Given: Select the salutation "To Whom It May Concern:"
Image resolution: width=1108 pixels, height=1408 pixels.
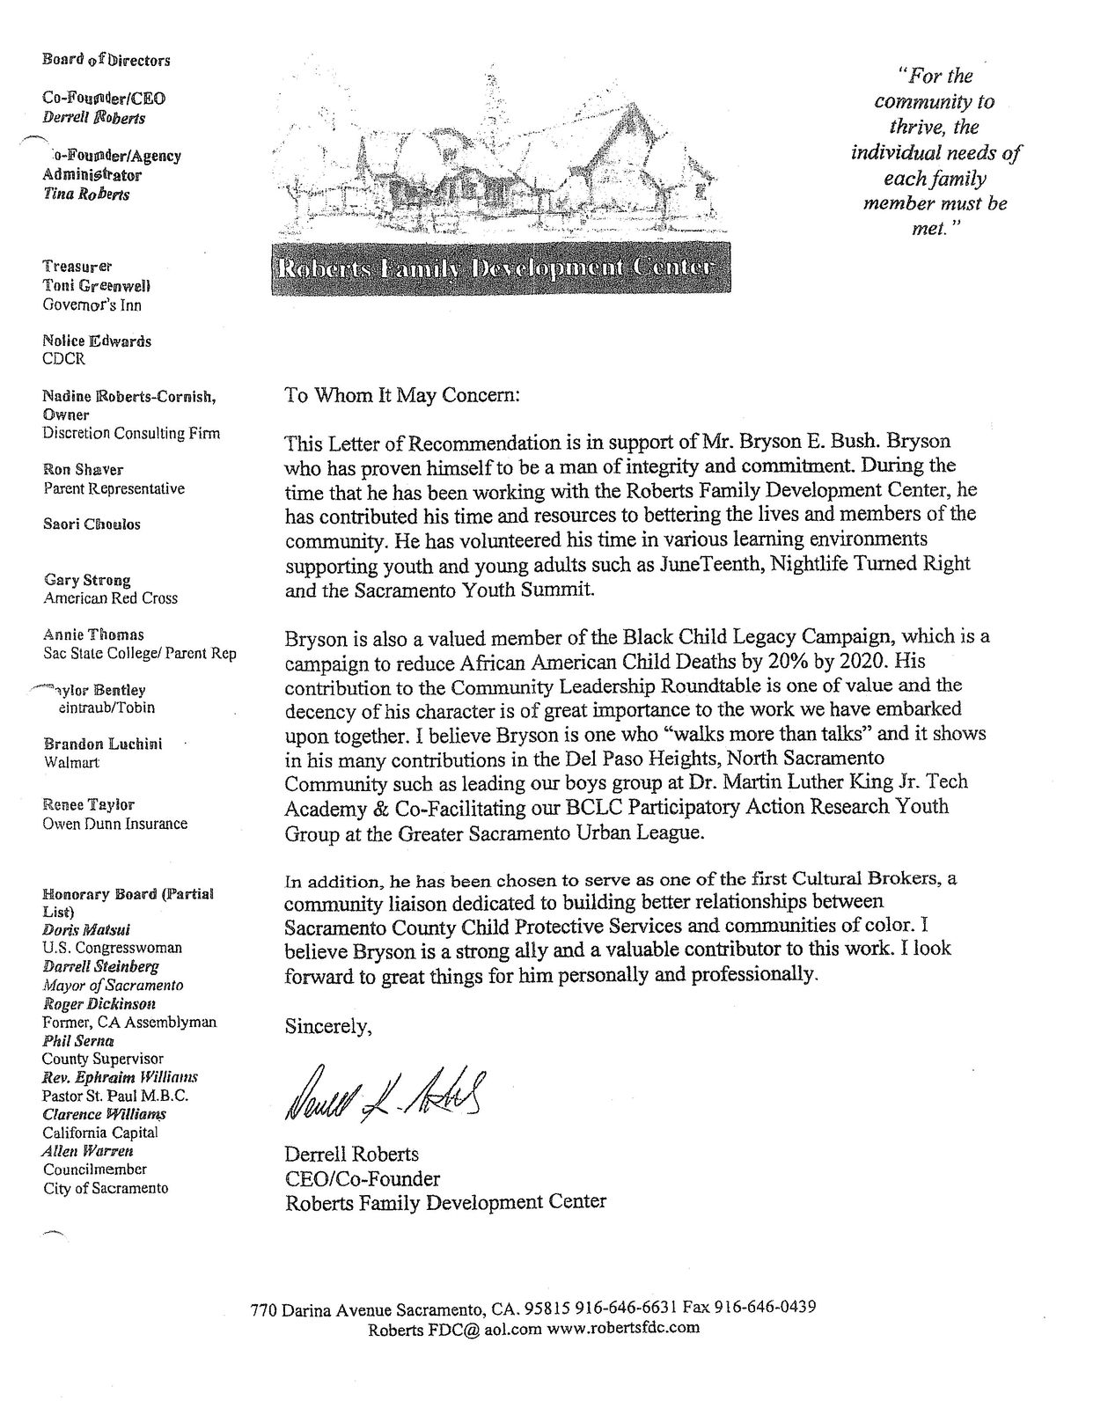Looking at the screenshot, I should point(403,396).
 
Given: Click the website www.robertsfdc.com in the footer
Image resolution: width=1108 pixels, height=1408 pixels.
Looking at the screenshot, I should point(623,1328).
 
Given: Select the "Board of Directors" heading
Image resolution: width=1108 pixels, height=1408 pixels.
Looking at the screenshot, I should point(106,61).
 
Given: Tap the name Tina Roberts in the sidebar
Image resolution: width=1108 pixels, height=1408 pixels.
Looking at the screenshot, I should point(86,194).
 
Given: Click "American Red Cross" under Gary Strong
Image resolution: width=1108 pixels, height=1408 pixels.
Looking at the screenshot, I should point(110,598).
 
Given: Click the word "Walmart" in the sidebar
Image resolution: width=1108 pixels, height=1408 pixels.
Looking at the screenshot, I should point(72,762).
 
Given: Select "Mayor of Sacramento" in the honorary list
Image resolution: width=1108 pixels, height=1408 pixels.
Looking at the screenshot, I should point(113,985).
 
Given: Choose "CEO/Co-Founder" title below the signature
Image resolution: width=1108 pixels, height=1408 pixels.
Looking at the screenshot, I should point(362,1177).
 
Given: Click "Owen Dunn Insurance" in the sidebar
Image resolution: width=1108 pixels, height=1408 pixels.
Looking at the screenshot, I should point(115,824).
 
